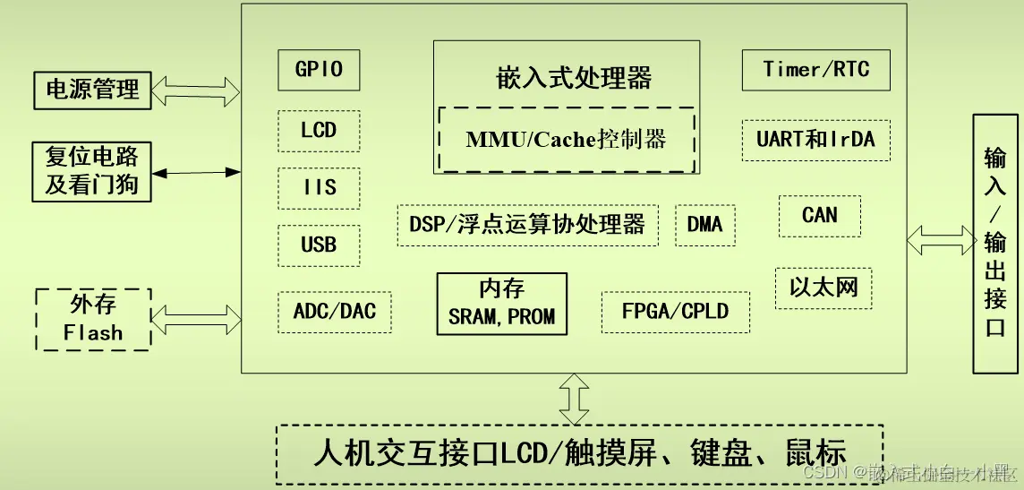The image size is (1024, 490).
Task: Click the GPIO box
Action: pyautogui.click(x=319, y=70)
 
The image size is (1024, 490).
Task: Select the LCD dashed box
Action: pyautogui.click(x=319, y=131)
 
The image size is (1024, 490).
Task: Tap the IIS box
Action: pyautogui.click(x=319, y=187)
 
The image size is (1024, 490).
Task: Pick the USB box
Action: pyautogui.click(x=319, y=245)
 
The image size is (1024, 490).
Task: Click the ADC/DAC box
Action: pyautogui.click(x=335, y=312)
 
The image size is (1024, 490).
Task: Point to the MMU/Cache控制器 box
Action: pyautogui.click(x=566, y=139)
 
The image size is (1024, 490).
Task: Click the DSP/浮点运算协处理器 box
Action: pyautogui.click(x=527, y=224)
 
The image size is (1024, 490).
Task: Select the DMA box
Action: pyautogui.click(x=704, y=224)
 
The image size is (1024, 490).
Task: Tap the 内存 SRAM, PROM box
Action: pyautogui.click(x=501, y=304)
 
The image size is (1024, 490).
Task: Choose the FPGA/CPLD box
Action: pyautogui.click(x=675, y=312)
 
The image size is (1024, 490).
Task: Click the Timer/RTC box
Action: pyautogui.click(x=815, y=70)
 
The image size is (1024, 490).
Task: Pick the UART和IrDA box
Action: pyautogui.click(x=815, y=140)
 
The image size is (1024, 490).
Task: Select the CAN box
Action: pyautogui.click(x=819, y=215)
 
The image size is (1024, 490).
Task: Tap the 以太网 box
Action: pyautogui.click(x=823, y=288)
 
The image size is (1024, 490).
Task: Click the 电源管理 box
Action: pyautogui.click(x=92, y=90)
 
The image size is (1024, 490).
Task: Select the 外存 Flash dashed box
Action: pyautogui.click(x=93, y=319)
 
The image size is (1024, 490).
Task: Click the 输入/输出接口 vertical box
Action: pyautogui.click(x=995, y=243)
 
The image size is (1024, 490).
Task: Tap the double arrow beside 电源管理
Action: pyautogui.click(x=196, y=90)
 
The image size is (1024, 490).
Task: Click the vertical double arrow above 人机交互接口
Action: pyautogui.click(x=573, y=398)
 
